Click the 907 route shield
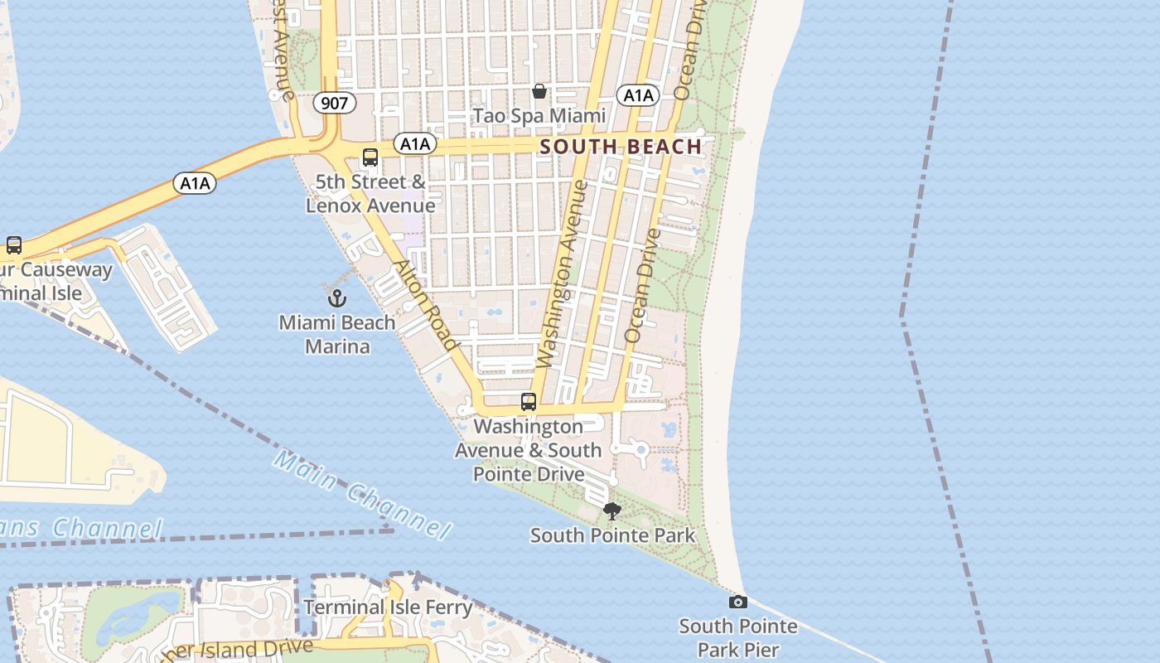coord(335,103)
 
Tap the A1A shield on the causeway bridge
coord(196,183)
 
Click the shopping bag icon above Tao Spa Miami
coord(539,90)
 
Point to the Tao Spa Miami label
coord(539,115)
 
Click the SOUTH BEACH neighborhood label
coord(621,147)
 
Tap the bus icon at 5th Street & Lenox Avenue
coord(370,157)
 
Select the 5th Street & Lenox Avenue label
coord(370,194)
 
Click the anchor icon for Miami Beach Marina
coord(336,298)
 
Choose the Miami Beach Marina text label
coord(336,334)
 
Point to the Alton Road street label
coord(426,305)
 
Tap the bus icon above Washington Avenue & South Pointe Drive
coord(529,402)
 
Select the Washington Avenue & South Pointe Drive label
coord(528,450)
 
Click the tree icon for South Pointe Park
coord(612,511)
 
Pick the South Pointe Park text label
coord(612,535)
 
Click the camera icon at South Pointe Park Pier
coord(737,602)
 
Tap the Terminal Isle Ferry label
coord(388,607)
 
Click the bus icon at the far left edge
coord(14,245)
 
